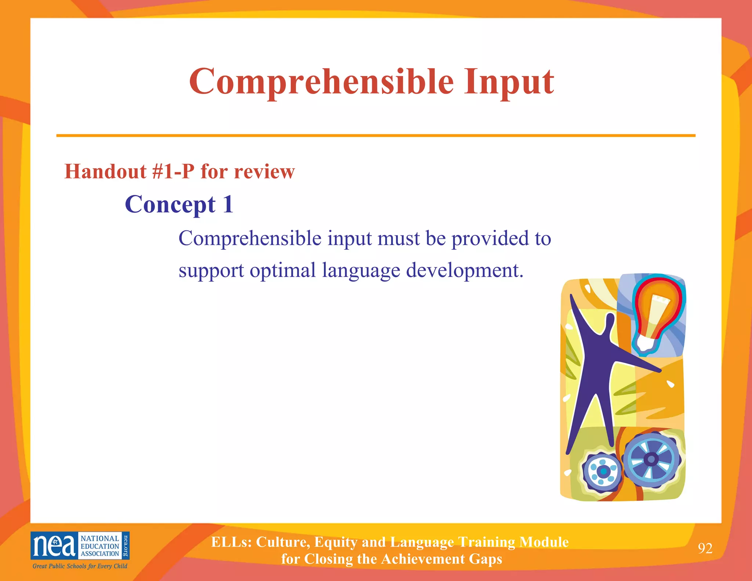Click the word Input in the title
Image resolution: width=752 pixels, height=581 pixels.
pos(509,82)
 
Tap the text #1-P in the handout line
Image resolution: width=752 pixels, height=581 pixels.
pos(173,172)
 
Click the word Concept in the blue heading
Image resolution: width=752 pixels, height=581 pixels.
pos(170,205)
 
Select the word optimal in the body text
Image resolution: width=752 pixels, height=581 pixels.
pos(282,271)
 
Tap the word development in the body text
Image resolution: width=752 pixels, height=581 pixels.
pos(464,271)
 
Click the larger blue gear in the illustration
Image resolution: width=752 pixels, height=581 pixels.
pos(651,459)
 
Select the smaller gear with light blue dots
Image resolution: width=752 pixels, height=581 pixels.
pos(603,472)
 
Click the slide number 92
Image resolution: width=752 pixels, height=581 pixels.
pos(705,548)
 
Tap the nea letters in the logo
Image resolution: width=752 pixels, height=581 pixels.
pos(54,546)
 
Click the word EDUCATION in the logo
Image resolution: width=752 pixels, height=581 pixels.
pos(100,546)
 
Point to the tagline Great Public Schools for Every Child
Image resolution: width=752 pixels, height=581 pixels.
pos(80,566)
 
